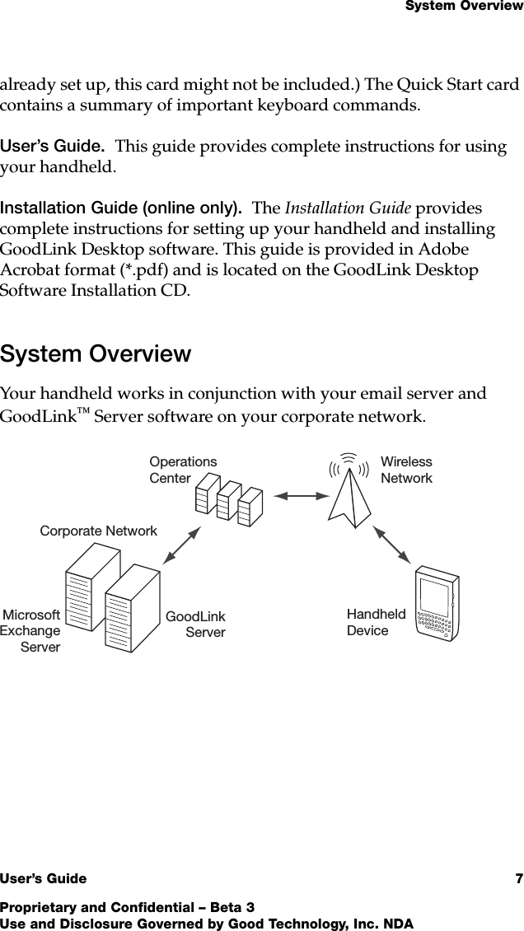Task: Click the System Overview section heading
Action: [96, 354]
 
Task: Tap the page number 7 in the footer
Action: [519, 878]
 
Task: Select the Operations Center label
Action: [183, 470]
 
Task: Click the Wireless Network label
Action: [406, 470]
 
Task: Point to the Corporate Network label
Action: [99, 531]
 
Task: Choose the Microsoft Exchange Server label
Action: [31, 631]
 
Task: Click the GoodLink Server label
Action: [196, 625]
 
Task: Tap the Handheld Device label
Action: [376, 623]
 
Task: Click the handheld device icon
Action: [435, 603]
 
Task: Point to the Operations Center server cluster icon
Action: [228, 500]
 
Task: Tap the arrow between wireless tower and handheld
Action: [393, 544]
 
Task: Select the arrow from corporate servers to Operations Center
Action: [182, 545]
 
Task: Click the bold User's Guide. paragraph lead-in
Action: [52, 147]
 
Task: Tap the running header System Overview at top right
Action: [464, 7]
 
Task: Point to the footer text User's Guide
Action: [43, 879]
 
